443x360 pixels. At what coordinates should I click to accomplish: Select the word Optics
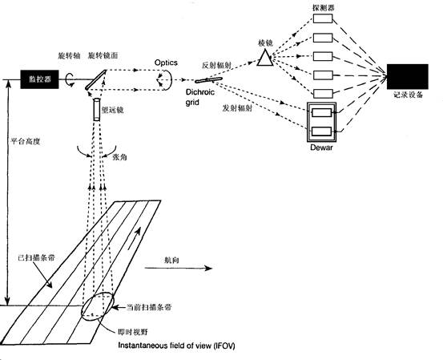click(x=167, y=61)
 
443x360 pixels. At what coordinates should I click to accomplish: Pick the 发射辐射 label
click(x=239, y=107)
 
